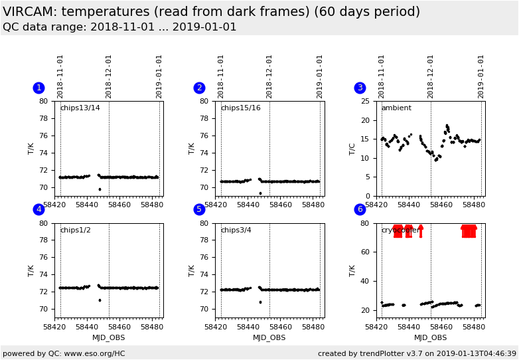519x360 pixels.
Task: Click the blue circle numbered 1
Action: [38, 88]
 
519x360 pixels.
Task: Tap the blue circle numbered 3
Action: [360, 88]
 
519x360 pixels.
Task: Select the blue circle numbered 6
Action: [360, 209]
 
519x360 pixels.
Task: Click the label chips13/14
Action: [80, 108]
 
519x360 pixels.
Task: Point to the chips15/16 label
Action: [240, 108]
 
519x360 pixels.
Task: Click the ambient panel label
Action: [396, 108]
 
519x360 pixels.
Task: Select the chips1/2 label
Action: [75, 230]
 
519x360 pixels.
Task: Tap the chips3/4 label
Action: [236, 230]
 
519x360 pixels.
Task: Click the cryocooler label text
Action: [400, 230]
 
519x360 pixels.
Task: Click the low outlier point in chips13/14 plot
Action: [100, 189]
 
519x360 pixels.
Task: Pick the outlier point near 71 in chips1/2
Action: [100, 300]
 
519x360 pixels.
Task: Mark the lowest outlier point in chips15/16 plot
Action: [260, 193]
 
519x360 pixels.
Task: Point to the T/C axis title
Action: [352, 149]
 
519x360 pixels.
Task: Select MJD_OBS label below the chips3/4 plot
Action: [269, 337]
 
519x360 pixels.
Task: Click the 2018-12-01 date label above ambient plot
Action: [431, 76]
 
